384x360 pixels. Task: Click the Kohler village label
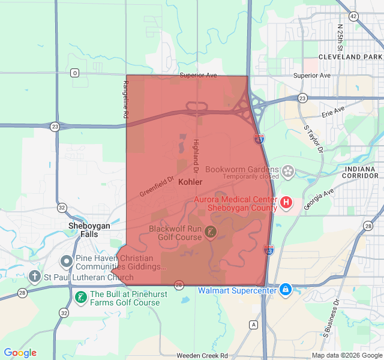click(x=190, y=181)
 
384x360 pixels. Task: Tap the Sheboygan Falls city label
click(x=89, y=230)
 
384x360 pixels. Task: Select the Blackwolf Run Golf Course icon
click(x=211, y=231)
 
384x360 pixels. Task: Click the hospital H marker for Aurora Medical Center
click(x=286, y=203)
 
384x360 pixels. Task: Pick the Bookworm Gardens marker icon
click(x=289, y=172)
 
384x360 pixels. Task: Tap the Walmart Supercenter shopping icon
click(x=285, y=290)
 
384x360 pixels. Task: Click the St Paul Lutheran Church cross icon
click(x=35, y=277)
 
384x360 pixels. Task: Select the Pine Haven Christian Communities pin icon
click(x=67, y=262)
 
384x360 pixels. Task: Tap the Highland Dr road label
click(x=195, y=153)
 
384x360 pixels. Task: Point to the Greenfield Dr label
click(x=156, y=186)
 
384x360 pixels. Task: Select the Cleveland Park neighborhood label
click(x=351, y=57)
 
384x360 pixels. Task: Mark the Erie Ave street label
click(x=333, y=112)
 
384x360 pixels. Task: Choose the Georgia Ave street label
click(x=319, y=200)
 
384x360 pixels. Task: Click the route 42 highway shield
click(x=353, y=16)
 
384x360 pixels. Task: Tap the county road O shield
click(x=74, y=73)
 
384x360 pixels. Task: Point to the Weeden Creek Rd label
click(x=202, y=356)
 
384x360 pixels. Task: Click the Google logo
click(x=20, y=353)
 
